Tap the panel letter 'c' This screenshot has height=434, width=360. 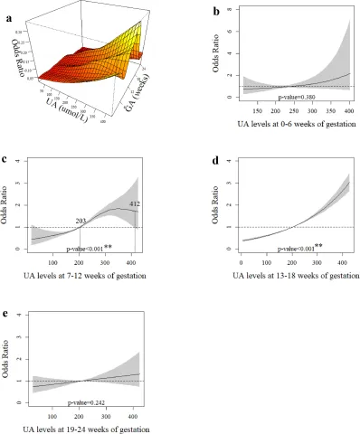coord(7,160)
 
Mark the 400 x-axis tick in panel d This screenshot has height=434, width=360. coord(336,260)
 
